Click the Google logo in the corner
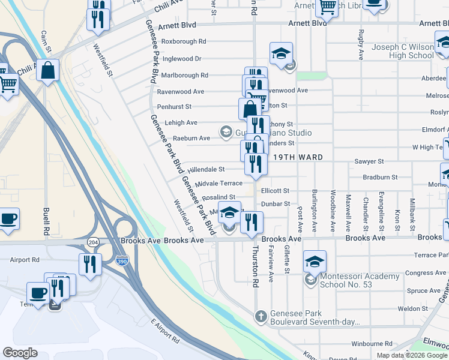click(x=20, y=353)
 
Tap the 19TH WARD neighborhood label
click(x=298, y=157)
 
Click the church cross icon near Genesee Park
click(x=261, y=316)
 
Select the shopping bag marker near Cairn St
click(x=47, y=71)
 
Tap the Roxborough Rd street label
click(x=179, y=41)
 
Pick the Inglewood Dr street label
click(x=181, y=59)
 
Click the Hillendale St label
click(x=206, y=170)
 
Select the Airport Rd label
click(x=24, y=260)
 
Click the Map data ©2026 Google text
click(x=411, y=355)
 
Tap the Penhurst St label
click(x=174, y=107)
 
